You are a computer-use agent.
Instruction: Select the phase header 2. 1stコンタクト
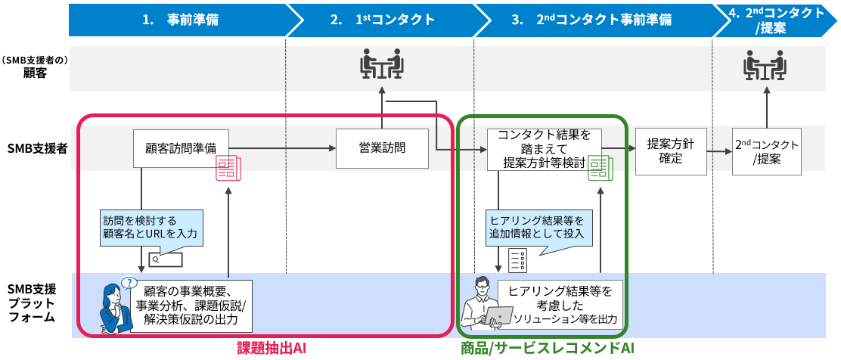382,20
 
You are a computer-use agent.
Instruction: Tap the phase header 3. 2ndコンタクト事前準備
591,20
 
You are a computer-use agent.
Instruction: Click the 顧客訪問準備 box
180,148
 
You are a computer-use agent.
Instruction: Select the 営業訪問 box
381,148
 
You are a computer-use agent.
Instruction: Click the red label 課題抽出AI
270,348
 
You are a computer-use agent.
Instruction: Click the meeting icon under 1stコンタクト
381,66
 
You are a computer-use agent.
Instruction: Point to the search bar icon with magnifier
166,259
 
